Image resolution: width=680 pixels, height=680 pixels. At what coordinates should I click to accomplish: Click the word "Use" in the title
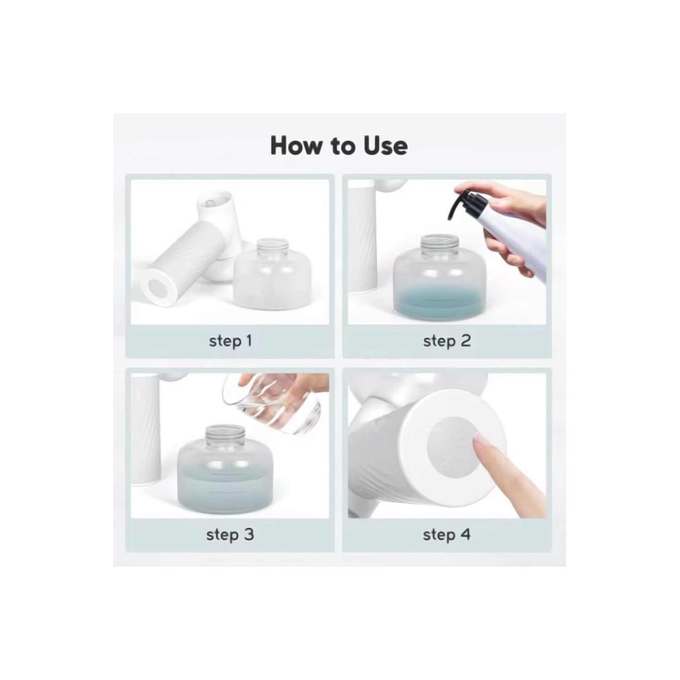click(x=385, y=146)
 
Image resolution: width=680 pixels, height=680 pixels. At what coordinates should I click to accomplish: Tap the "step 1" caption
click(x=230, y=341)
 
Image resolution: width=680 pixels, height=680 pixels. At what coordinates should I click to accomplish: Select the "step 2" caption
click(x=447, y=341)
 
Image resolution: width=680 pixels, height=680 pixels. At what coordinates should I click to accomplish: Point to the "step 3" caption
click(x=230, y=534)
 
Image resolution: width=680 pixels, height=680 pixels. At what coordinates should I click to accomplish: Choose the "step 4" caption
click(x=447, y=534)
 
